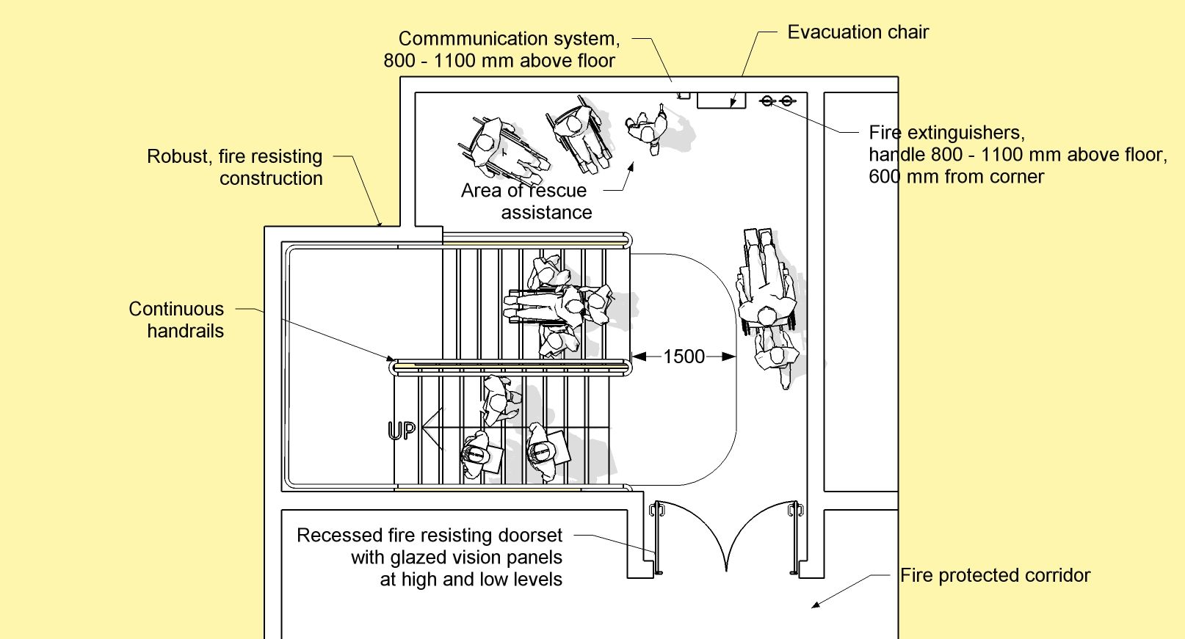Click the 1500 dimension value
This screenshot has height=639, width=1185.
[x=684, y=357]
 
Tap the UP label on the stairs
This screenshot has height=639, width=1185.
[x=402, y=431]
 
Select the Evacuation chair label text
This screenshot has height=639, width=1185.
[x=858, y=32]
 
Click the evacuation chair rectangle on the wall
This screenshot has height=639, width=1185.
[x=720, y=101]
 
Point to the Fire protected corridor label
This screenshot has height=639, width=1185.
[x=995, y=575]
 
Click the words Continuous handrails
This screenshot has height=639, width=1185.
[x=177, y=320]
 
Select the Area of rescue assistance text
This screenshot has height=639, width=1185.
[x=526, y=201]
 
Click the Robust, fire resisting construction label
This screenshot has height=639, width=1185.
[x=235, y=167]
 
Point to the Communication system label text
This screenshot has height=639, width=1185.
[x=508, y=38]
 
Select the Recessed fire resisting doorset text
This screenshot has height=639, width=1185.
[x=430, y=536]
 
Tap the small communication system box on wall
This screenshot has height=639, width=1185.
[x=684, y=95]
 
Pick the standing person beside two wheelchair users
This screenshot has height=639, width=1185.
[x=647, y=131]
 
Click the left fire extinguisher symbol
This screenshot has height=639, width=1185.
[x=768, y=101]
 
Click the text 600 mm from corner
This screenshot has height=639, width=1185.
[x=955, y=177]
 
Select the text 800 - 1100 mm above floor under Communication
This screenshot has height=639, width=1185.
[x=499, y=61]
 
